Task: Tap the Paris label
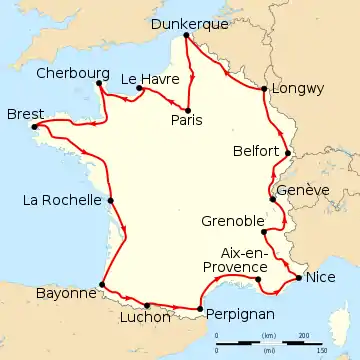coord(186,121)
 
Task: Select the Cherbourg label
coord(69,72)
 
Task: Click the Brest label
coord(24,114)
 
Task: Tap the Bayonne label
coord(64,293)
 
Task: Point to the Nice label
coord(321,277)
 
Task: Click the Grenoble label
coord(232,221)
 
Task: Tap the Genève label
coord(300,190)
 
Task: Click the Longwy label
coord(299,88)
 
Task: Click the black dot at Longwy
coord(263,89)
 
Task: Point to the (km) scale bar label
coord(268,335)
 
